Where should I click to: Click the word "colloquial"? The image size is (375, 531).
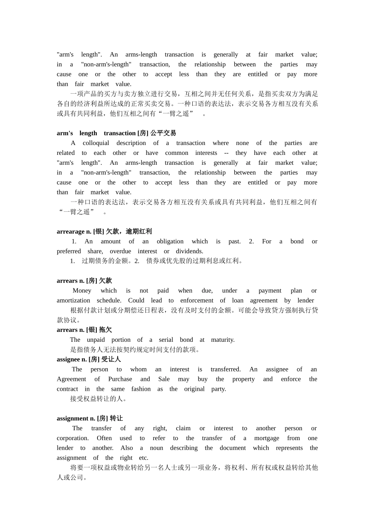(96, 143)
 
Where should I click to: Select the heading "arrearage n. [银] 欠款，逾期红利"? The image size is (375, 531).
(104, 232)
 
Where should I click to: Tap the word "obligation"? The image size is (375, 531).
(170, 241)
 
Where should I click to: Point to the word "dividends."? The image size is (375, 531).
(189, 251)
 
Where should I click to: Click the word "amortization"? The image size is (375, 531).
(73, 300)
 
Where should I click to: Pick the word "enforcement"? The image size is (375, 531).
(197, 300)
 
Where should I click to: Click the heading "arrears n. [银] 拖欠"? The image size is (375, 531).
(84, 330)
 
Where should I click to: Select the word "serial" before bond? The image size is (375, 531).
(166, 340)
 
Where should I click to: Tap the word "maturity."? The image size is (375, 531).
(223, 340)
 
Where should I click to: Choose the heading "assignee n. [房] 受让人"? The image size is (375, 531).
(89, 360)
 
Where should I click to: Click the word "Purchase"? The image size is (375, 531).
(120, 379)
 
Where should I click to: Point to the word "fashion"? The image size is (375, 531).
(141, 389)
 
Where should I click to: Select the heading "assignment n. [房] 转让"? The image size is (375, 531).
(90, 418)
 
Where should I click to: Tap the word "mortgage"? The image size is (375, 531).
(266, 438)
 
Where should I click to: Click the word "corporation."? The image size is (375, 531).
(73, 438)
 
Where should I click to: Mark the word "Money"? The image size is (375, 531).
(82, 291)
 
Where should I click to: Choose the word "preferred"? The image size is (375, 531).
(69, 251)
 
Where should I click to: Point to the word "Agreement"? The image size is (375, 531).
(71, 379)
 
